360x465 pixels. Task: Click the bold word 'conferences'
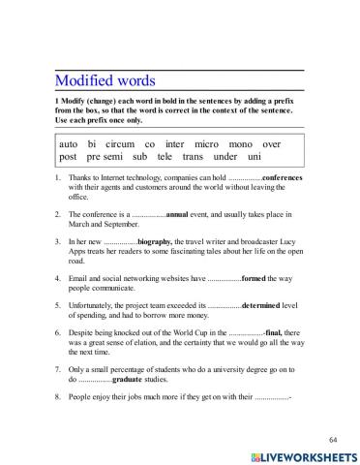coord(261,179)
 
